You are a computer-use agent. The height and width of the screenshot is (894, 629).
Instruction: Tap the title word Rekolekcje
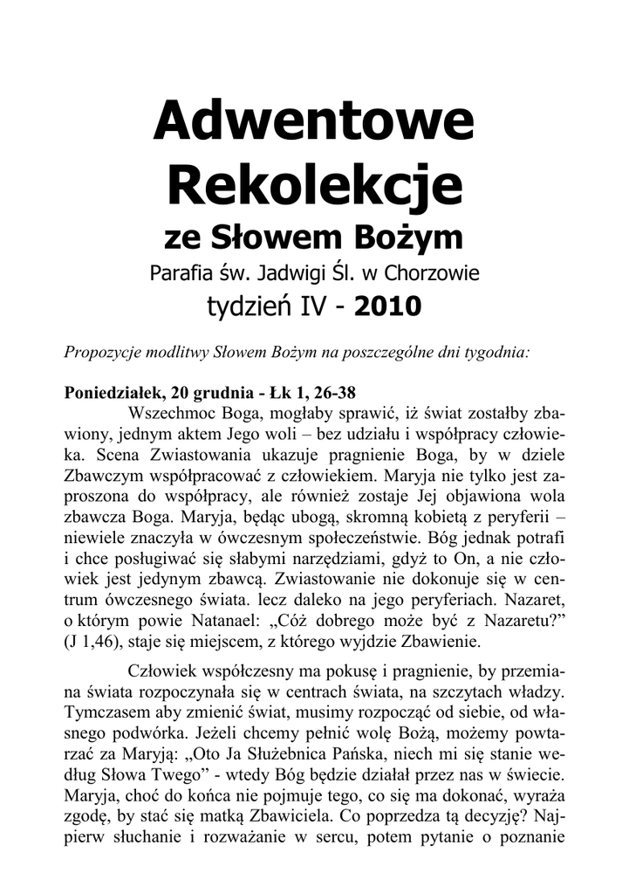(314, 185)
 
